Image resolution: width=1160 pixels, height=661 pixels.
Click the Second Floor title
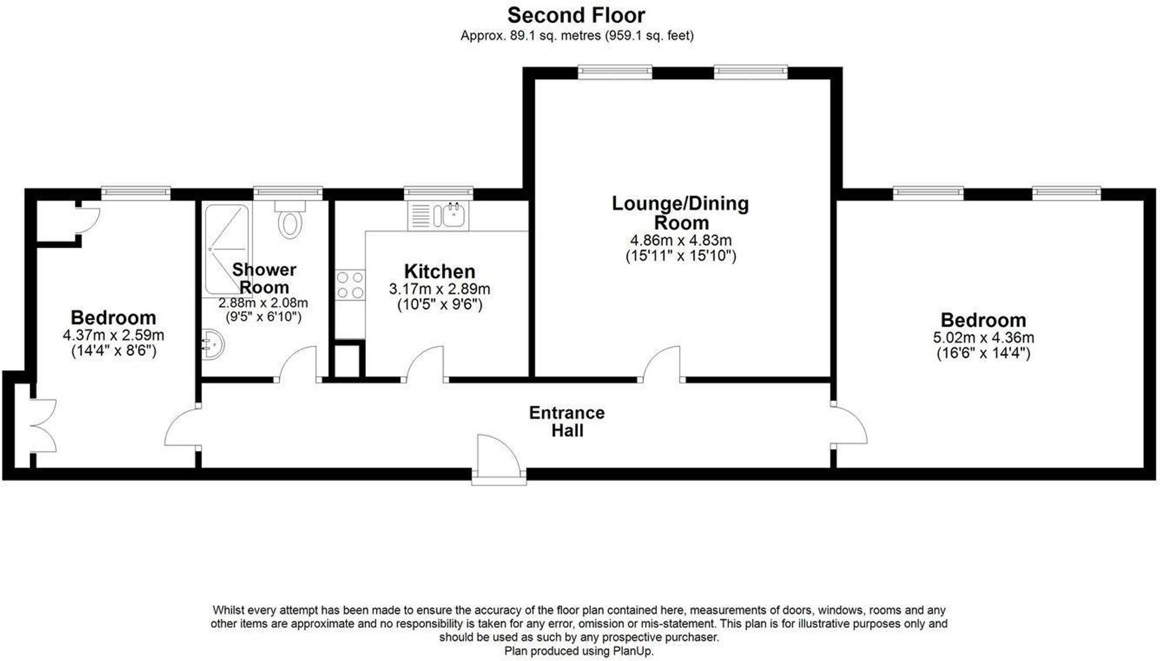(x=576, y=15)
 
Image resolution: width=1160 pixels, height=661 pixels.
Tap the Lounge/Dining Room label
(x=680, y=213)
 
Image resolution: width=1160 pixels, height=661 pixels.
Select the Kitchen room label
(x=440, y=271)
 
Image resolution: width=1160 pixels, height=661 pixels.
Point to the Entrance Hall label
(x=567, y=421)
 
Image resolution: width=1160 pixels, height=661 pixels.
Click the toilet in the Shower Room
(x=290, y=219)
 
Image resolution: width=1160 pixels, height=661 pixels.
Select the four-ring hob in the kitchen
(x=350, y=285)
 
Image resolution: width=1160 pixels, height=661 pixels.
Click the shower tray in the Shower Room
(x=227, y=249)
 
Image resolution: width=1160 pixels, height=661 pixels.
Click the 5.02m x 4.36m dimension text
(x=984, y=337)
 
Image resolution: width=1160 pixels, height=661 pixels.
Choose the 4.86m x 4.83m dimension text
(x=681, y=240)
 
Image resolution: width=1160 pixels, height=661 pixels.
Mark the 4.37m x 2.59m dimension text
(x=114, y=335)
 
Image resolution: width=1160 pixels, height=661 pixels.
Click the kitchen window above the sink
(x=438, y=192)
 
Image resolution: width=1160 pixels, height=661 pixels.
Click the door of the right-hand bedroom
(x=849, y=425)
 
